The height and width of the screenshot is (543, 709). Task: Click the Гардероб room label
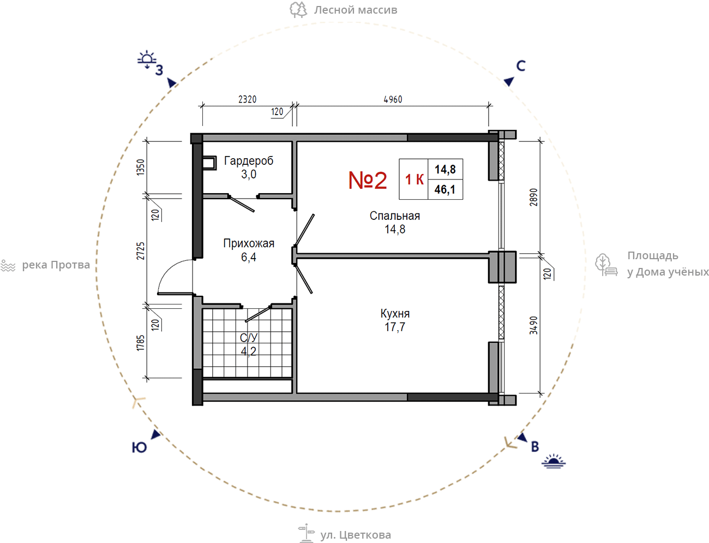249,160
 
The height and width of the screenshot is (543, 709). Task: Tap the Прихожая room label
249,243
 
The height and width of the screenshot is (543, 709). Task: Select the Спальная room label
395,216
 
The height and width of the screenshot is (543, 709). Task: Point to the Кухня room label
395,313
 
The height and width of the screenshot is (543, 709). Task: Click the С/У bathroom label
249,337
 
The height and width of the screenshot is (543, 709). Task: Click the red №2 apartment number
368,180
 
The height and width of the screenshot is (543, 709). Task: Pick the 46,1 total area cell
445,189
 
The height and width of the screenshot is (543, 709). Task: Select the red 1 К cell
414,180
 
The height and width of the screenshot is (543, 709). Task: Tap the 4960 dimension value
393,99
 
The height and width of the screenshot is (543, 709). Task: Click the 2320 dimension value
248,99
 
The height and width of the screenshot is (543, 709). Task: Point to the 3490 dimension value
533,325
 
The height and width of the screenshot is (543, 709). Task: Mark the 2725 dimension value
141,251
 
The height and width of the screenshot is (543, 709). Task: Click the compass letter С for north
521,66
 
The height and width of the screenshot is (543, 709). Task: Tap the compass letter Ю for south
139,447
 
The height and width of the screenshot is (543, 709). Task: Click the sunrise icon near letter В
554,461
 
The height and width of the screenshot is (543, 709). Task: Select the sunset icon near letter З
147,59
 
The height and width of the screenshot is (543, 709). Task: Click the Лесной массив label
356,10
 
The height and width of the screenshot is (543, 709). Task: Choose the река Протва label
56,265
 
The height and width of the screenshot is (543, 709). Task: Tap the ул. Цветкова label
355,535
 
